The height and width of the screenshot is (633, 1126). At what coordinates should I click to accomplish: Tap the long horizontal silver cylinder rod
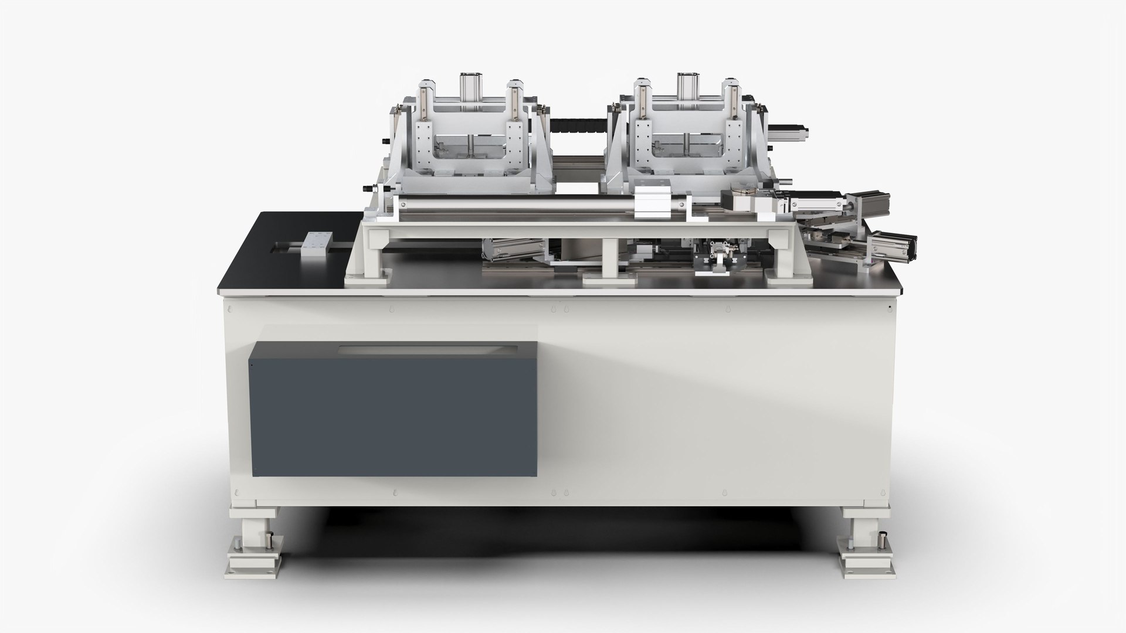point(516,206)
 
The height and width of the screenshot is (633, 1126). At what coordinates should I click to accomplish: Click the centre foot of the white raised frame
point(610,275)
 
